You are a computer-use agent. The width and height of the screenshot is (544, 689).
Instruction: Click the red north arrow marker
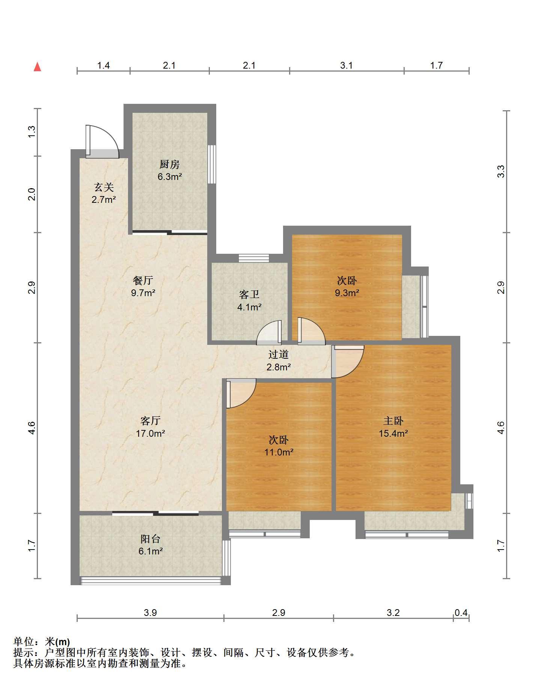(37, 67)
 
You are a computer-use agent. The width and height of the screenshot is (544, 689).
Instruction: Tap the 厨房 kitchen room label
(170, 164)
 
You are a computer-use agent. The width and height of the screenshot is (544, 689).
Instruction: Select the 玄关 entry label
(104, 187)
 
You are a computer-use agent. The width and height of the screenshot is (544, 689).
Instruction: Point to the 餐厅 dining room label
(143, 280)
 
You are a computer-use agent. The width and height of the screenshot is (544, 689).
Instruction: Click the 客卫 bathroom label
(249, 295)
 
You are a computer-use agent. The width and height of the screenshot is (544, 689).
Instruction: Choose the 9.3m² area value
(347, 293)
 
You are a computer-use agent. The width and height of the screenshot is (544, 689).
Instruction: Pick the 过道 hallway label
(279, 354)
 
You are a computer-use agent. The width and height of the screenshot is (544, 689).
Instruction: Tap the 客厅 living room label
(151, 421)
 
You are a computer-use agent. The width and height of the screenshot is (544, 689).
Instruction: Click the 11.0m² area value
(279, 452)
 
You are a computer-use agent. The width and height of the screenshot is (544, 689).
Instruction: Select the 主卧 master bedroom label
(393, 421)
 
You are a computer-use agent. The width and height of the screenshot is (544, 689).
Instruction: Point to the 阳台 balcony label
(151, 539)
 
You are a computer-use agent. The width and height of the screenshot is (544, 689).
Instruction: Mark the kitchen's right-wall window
(212, 164)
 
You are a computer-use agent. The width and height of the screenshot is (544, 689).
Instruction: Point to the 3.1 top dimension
(347, 66)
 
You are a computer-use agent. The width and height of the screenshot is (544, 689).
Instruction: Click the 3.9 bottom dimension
(150, 613)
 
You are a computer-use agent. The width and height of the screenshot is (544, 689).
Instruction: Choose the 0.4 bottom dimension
(461, 613)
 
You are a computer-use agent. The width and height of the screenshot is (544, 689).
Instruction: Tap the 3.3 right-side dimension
(501, 172)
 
